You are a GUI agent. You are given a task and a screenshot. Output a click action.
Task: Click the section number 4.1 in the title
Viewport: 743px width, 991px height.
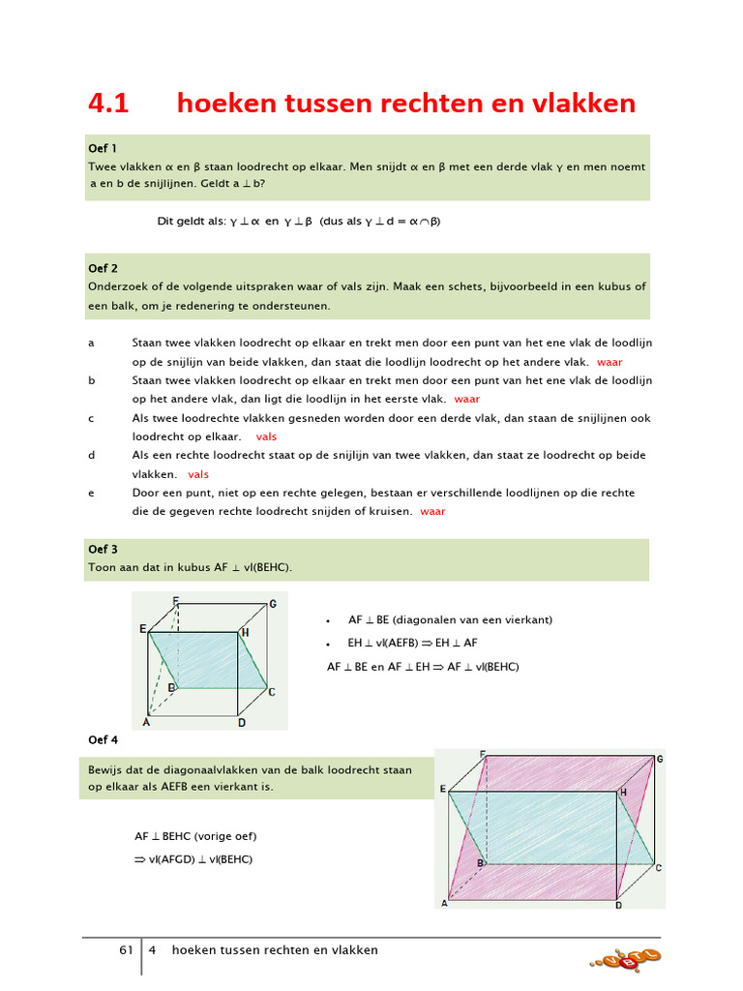point(108,104)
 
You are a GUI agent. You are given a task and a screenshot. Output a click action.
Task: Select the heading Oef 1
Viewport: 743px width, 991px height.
point(103,148)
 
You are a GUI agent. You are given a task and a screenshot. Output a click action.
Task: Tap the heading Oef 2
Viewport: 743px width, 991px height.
point(103,268)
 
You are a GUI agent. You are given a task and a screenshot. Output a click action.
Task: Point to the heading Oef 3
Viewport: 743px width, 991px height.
point(103,549)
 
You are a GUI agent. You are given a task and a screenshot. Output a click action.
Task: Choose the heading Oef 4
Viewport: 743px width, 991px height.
point(103,740)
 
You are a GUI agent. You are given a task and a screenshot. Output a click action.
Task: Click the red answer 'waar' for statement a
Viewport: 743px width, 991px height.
point(610,361)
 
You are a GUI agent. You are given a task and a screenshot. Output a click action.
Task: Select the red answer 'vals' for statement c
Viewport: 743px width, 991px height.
point(266,436)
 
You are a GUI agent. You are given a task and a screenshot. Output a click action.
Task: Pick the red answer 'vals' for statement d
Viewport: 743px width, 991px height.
point(198,474)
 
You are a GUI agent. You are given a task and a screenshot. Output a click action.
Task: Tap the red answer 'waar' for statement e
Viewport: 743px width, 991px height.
point(432,511)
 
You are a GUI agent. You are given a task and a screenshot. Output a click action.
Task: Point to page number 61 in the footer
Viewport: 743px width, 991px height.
point(126,950)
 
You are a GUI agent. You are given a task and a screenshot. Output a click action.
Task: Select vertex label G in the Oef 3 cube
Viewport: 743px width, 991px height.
point(273,604)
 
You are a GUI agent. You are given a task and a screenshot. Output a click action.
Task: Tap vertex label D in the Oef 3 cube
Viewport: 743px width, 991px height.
point(242,722)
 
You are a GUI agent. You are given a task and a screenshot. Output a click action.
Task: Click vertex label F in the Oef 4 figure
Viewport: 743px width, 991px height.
point(482,754)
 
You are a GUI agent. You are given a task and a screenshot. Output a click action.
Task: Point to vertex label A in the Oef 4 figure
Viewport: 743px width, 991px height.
point(445,904)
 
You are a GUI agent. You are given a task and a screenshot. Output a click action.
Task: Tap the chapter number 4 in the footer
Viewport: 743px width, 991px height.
point(152,950)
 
